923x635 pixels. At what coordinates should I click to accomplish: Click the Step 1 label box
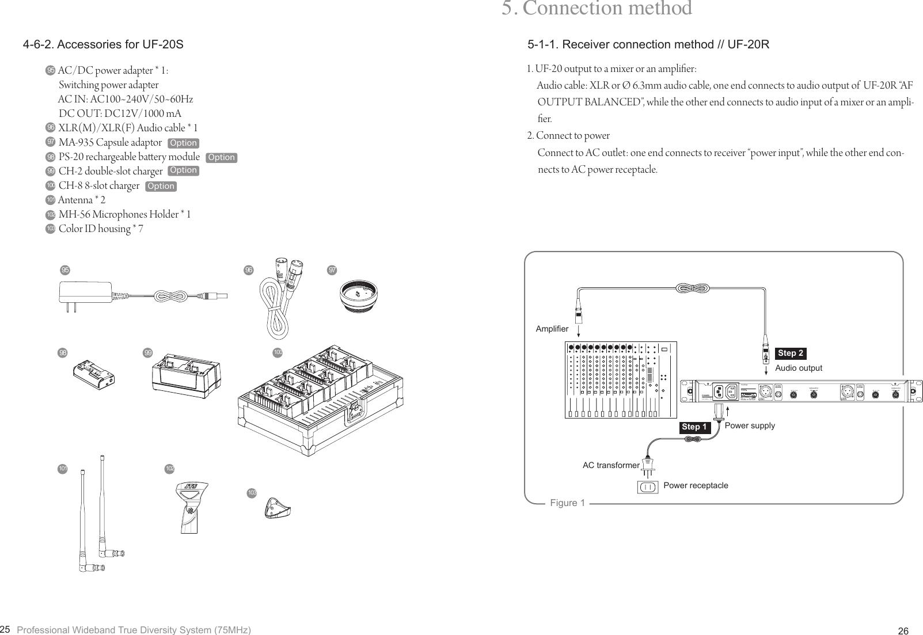[694, 427]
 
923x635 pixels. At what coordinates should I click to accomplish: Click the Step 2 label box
[790, 353]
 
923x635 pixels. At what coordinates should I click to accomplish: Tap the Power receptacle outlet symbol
[648, 487]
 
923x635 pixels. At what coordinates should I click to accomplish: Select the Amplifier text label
[552, 329]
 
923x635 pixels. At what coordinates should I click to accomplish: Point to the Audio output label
[799, 368]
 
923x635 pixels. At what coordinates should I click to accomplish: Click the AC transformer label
[610, 465]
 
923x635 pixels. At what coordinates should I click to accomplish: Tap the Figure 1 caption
[567, 503]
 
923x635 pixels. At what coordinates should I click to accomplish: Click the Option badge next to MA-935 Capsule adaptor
[183, 143]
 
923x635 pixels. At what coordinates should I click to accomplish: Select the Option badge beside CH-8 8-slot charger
[161, 186]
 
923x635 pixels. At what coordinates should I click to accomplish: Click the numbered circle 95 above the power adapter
[66, 269]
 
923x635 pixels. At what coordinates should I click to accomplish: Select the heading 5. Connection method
[597, 9]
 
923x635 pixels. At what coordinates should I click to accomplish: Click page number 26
[903, 631]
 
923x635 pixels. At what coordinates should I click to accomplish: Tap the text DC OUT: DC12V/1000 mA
[120, 113]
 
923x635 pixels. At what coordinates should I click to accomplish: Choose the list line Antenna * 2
[82, 200]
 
